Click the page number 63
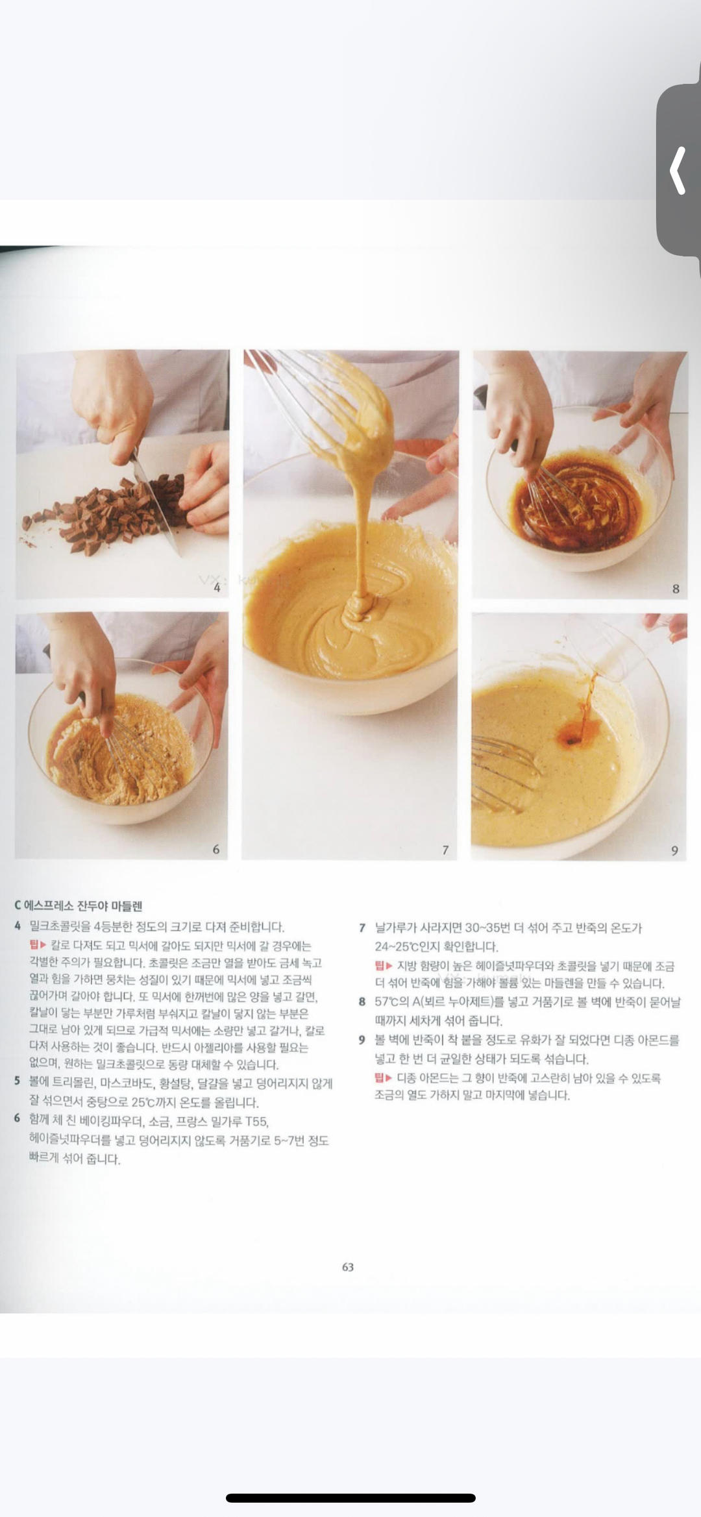coord(348,1266)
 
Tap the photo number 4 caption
coord(217,588)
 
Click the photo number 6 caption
coord(216,849)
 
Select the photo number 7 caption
coord(445,850)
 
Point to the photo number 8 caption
coord(676,589)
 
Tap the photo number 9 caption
coord(674,850)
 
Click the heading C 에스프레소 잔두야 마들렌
coord(79,906)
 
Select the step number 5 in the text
coord(18,1081)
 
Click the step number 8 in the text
coord(362,1002)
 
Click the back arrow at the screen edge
coord(678,171)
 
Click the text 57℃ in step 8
coord(387,1002)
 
